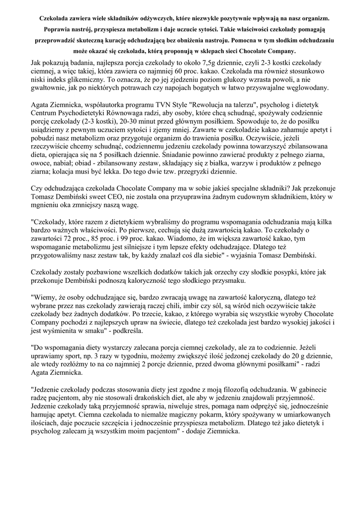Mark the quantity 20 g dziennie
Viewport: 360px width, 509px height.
tap(294, 358)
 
